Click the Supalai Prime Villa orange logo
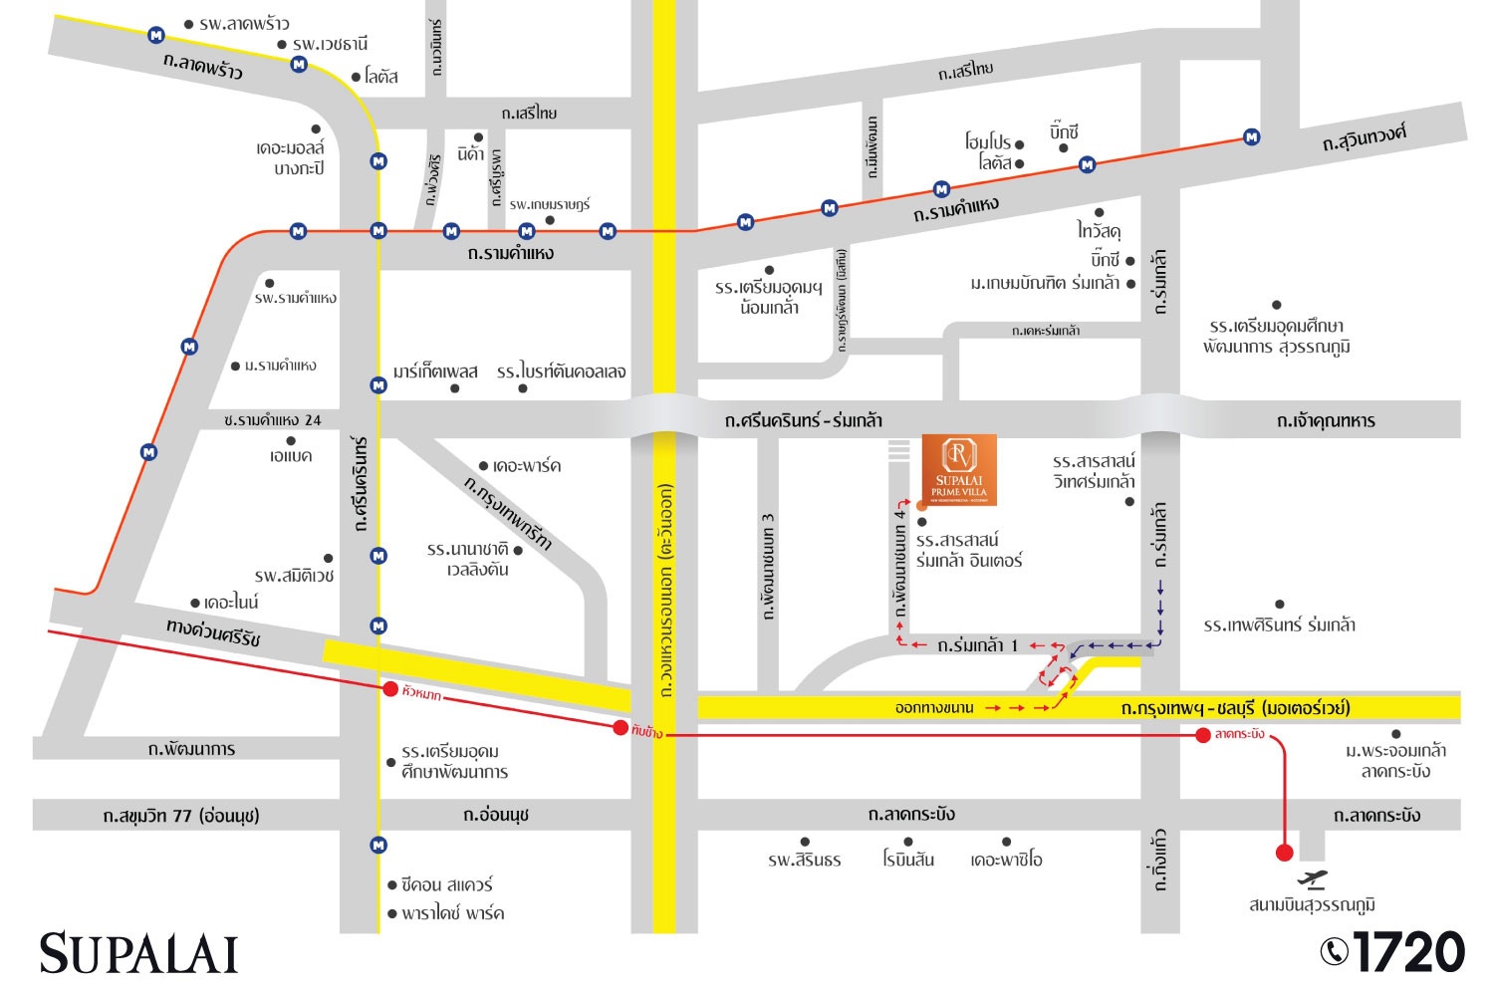959,469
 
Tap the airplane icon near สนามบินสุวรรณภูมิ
1313,878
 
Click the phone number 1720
1408,952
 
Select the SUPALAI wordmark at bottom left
138,954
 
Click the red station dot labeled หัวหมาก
390,689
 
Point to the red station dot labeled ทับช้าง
621,727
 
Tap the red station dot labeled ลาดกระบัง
1203,735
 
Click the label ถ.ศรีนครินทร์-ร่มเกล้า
803,420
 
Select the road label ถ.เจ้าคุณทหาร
1326,420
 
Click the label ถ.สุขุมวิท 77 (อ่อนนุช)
180,816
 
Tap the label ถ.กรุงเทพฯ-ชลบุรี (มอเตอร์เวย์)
1235,708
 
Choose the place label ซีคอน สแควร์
446,884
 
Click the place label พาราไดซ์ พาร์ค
452,913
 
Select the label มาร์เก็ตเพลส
435,372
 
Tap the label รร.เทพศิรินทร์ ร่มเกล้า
1279,625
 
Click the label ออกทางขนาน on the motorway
933,708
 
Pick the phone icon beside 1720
1334,952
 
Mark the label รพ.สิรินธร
804,860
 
